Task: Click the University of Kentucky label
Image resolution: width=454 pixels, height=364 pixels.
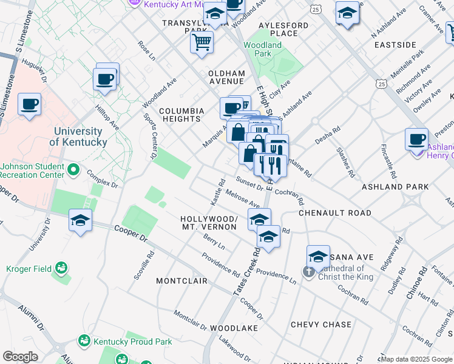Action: pyautogui.click(x=78, y=136)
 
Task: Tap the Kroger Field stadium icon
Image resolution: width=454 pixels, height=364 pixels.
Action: pyautogui.click(x=61, y=268)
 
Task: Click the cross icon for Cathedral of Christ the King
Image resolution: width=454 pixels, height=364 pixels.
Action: pyautogui.click(x=308, y=269)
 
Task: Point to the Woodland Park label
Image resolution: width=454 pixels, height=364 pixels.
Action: pyautogui.click(x=263, y=49)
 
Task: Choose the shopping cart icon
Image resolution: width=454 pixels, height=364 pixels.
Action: pyautogui.click(x=202, y=42)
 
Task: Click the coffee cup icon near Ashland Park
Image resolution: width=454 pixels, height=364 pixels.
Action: pyautogui.click(x=417, y=138)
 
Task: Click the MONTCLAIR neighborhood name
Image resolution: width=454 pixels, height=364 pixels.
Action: pyautogui.click(x=181, y=281)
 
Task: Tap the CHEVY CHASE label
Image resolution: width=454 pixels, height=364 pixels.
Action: pyautogui.click(x=321, y=325)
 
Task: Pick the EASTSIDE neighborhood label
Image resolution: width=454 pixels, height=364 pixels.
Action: pyautogui.click(x=395, y=45)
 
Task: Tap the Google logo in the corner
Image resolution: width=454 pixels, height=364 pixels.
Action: pyautogui.click(x=20, y=357)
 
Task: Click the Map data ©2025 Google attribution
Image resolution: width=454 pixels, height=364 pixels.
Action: pyautogui.click(x=416, y=359)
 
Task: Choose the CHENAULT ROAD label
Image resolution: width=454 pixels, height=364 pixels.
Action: pyautogui.click(x=334, y=213)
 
